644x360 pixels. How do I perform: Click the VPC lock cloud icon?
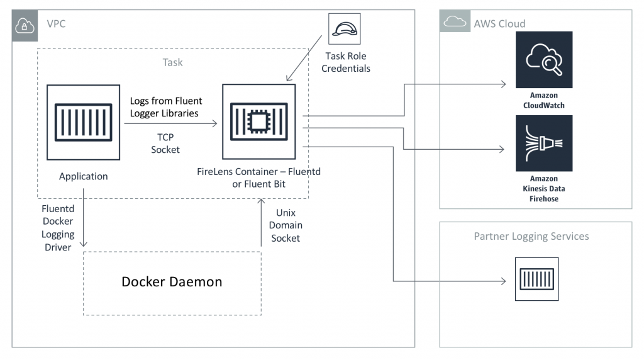pyautogui.click(x=26, y=25)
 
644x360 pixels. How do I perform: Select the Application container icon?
pyautogui.click(x=83, y=123)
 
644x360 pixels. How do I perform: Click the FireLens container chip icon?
pyautogui.click(x=258, y=121)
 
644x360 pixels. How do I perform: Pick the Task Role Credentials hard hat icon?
pyautogui.click(x=345, y=30)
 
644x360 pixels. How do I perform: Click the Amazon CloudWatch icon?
pyautogui.click(x=543, y=60)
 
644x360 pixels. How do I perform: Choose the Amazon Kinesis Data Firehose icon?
pyautogui.click(x=543, y=143)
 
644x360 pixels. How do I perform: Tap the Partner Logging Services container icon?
pyautogui.click(x=536, y=279)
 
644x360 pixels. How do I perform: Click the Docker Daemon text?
pyautogui.click(x=172, y=282)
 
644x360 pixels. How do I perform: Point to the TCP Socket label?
pyautogui.click(x=165, y=143)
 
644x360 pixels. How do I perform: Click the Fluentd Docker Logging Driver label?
pyautogui.click(x=58, y=227)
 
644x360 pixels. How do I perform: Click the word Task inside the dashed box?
pyautogui.click(x=172, y=62)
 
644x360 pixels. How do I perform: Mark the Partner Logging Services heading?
pyautogui.click(x=531, y=236)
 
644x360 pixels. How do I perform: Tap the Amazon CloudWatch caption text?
pyautogui.click(x=543, y=101)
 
